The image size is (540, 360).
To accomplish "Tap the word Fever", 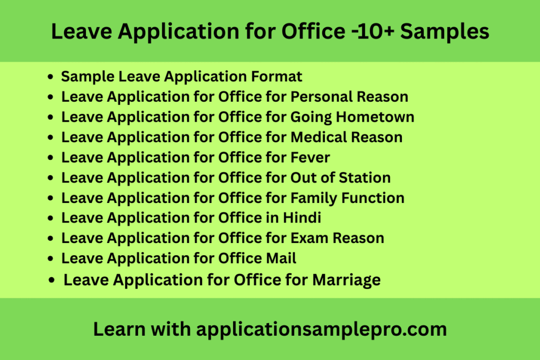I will coord(311,157).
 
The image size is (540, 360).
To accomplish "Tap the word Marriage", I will coord(346,280).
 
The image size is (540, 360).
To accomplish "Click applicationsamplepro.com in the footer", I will coord(321,329).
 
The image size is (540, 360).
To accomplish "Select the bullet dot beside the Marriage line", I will coord(52,280).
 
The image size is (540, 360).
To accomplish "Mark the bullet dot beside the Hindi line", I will coord(50,218).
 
